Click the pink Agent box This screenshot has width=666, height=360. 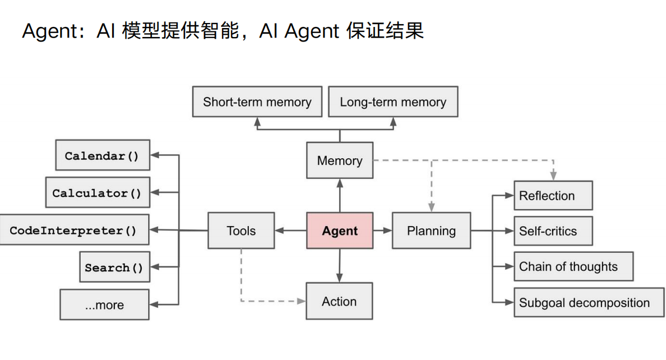point(340,230)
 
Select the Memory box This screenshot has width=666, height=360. point(340,160)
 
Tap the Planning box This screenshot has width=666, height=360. point(431,230)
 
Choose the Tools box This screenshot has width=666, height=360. point(241,230)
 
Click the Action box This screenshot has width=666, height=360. point(339,302)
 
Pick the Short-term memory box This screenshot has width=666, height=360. point(257,101)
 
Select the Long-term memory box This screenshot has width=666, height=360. point(393,101)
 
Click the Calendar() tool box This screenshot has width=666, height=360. point(102,155)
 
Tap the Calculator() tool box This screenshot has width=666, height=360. point(98,193)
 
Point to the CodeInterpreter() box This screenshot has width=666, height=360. point(73,230)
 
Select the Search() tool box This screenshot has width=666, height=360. point(114,267)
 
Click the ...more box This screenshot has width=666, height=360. point(104,304)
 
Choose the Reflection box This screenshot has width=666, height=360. point(553,196)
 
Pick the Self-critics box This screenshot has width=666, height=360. point(553,231)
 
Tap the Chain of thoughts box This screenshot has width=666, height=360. point(573,266)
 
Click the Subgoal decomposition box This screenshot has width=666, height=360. point(589,303)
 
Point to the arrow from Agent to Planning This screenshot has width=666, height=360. point(382,230)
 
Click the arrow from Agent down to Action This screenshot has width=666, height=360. point(340,266)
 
